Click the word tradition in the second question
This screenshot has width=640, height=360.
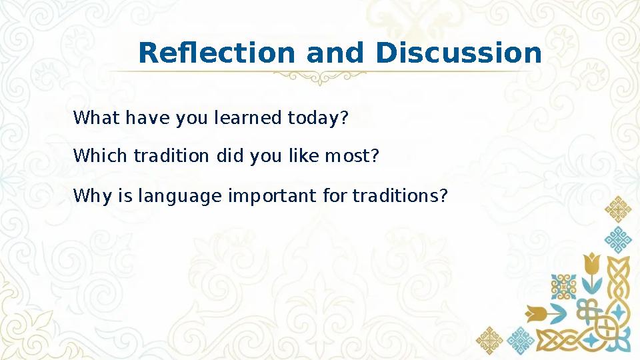[171, 157]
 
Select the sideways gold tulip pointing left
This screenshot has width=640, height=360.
[537, 313]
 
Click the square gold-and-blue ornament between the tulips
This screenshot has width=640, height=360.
[563, 287]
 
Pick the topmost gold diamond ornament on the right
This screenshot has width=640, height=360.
[618, 209]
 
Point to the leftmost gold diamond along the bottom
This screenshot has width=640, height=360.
[489, 340]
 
